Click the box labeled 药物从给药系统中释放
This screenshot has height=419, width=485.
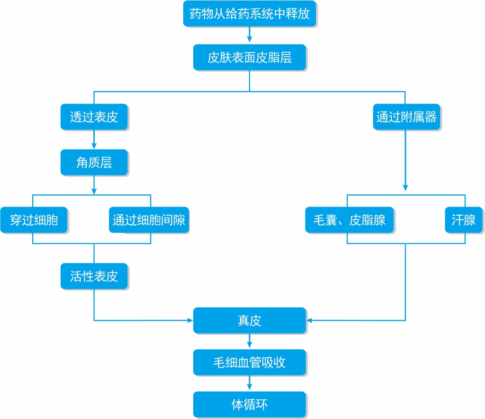(x=250, y=13)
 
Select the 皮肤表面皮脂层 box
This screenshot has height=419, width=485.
(x=250, y=57)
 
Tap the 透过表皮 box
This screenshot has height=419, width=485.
(x=94, y=117)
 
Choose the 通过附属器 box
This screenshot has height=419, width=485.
(x=406, y=117)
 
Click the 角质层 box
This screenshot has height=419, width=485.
(x=94, y=162)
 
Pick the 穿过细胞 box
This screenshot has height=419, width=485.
(x=34, y=220)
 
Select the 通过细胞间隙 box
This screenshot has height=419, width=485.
(x=149, y=220)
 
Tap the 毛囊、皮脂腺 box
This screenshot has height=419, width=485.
(x=350, y=220)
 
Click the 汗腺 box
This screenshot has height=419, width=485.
(x=463, y=220)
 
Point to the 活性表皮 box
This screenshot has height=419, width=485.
(x=94, y=276)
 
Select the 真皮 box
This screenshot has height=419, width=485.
(x=250, y=321)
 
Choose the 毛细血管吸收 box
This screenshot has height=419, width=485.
(x=250, y=362)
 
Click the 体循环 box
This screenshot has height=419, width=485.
(x=250, y=404)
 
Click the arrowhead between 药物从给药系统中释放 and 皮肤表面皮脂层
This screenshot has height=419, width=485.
(x=250, y=39)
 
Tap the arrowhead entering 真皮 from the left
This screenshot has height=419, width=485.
(x=190, y=321)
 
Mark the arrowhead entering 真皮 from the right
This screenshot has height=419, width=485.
(x=309, y=321)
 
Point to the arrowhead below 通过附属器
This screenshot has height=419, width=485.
(x=405, y=188)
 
